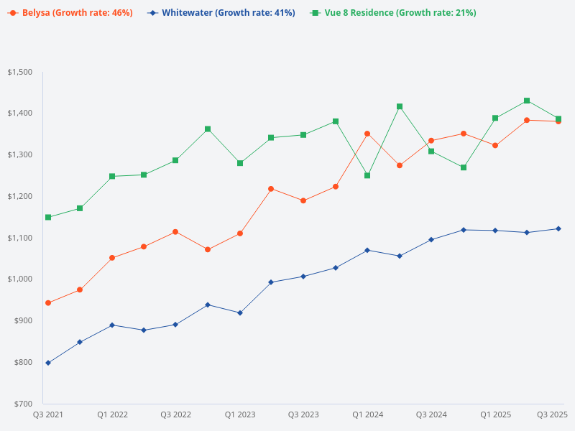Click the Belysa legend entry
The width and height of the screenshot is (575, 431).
[x=70, y=13]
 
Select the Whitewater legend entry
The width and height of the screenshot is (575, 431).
[x=221, y=13]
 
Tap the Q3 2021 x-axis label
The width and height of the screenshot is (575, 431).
[x=48, y=414]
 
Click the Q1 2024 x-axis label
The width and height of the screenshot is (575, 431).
[x=367, y=414]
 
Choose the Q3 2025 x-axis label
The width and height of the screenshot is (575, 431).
[x=553, y=414]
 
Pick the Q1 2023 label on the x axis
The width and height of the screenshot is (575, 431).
[x=239, y=414]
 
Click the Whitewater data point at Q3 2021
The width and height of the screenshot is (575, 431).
[x=48, y=363]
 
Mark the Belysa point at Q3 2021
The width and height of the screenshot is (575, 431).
[x=48, y=303]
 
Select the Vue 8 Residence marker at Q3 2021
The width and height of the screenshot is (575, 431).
[x=48, y=217]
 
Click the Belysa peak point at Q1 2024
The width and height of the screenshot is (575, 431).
[x=367, y=134]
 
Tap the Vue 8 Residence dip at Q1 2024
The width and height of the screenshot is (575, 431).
[x=367, y=175]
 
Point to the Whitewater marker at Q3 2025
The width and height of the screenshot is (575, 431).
[x=558, y=228]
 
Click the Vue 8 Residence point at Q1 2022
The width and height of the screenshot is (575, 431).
[x=112, y=176]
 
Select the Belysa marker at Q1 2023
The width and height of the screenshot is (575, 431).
[x=239, y=233]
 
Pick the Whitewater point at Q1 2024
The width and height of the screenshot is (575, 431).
[x=367, y=250]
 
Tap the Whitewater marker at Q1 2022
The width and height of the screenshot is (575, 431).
[x=112, y=325]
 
